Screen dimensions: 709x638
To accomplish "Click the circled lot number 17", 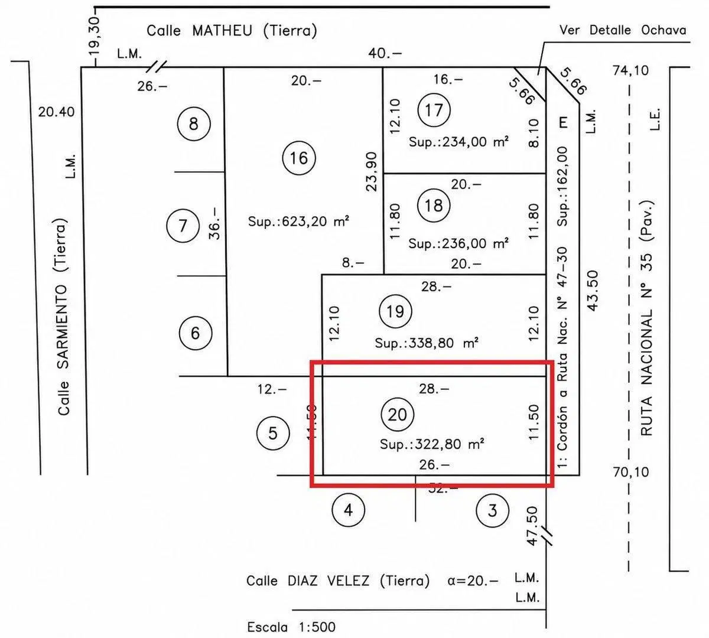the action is coord(434,110).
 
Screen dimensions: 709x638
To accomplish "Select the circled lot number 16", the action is coord(299,158).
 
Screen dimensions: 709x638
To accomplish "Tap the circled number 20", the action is coord(398,414).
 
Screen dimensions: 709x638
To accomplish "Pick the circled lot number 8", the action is coord(194,124).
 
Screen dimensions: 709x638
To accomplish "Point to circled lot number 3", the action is coord(492,510).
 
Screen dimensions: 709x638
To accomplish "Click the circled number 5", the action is coord(273,433).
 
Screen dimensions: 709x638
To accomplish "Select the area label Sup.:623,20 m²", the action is coord(298,222).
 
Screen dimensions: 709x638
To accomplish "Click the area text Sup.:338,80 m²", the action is coord(427,343).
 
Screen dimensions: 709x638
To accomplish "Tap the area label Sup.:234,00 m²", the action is coord(458,142).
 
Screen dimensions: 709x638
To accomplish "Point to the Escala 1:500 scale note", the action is coord(291,627).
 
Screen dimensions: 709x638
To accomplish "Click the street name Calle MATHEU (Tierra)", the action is coord(232,31).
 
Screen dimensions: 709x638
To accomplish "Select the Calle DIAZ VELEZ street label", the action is coord(338,581).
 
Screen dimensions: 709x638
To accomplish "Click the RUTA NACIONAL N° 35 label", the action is coord(646,318).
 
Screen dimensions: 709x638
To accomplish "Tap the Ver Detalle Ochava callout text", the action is coord(623,30).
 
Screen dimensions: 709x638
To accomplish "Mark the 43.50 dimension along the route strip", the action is coord(593,291).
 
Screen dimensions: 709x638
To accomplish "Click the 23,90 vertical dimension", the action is coord(372,171).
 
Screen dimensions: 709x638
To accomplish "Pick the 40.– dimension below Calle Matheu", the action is coord(385,53).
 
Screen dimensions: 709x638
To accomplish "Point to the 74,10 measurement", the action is coord(631,71).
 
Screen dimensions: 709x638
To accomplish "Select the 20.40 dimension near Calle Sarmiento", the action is coord(57,112).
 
